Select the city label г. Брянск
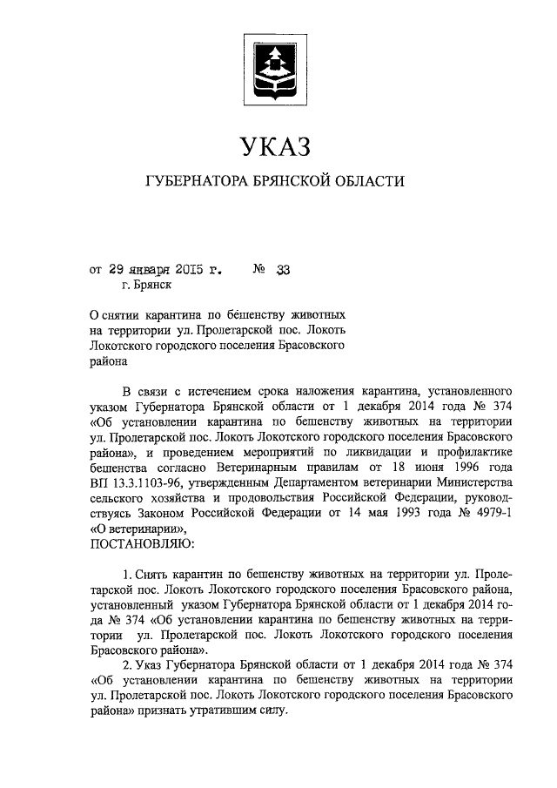coord(148,284)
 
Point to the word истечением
coord(203,390)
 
